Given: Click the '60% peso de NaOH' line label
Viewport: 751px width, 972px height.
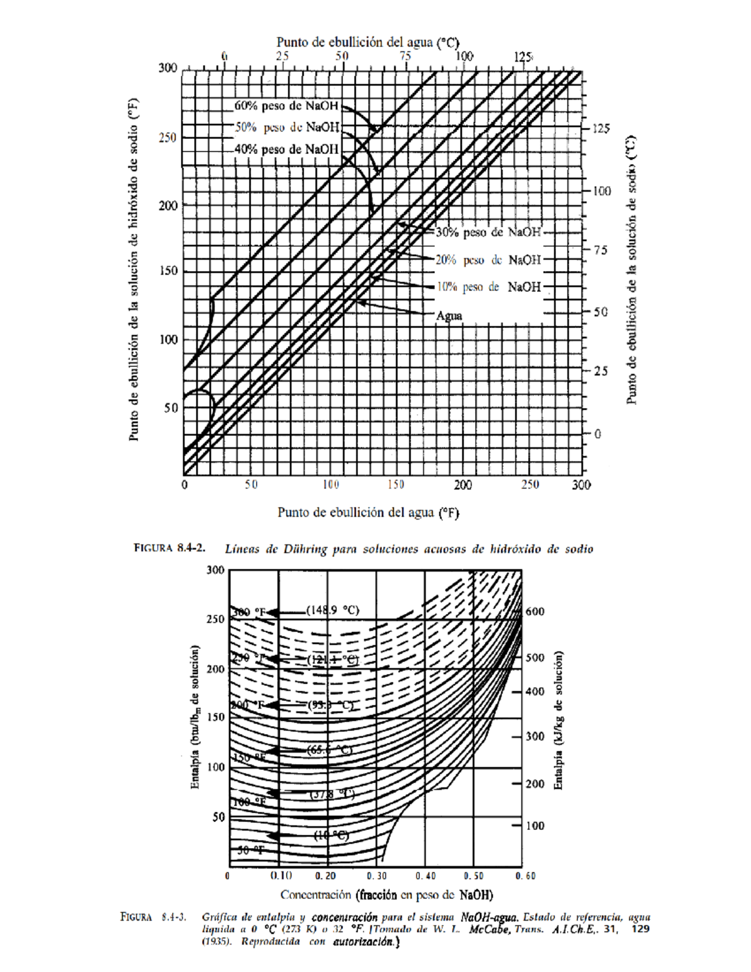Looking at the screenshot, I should point(286,106).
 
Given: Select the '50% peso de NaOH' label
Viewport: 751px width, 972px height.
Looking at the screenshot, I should point(287,127).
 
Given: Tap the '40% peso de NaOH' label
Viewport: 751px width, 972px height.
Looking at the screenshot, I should point(286,149).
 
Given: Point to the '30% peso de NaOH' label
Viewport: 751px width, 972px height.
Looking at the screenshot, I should point(488,232).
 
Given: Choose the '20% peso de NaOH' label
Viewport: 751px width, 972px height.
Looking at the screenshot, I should point(488,260).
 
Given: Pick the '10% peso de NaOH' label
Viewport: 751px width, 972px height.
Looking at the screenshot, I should point(488,287).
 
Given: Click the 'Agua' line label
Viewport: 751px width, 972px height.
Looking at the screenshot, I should point(449,315).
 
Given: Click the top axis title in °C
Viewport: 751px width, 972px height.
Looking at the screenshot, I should point(368,43).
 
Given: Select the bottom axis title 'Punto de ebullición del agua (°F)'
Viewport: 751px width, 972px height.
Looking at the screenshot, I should point(368,513).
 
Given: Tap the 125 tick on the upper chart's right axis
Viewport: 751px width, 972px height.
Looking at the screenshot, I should point(601,128).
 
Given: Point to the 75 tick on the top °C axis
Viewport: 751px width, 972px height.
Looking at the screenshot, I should point(406,56).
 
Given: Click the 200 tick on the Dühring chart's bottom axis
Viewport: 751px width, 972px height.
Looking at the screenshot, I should point(463,485).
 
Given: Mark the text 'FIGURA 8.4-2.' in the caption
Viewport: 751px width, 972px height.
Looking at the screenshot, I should point(170,548).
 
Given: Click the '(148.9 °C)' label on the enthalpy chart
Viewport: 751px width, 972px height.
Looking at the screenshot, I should point(333,610).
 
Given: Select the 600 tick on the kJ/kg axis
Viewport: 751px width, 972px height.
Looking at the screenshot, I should point(535,611).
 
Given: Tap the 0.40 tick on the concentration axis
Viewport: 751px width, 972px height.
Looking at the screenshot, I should point(426,876).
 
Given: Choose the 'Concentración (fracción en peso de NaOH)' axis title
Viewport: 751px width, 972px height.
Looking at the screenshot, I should point(386,894).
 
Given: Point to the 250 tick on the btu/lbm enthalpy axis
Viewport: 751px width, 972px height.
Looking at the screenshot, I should point(215,619).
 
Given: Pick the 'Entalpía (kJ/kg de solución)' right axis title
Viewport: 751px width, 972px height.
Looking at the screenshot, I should point(559,720).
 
